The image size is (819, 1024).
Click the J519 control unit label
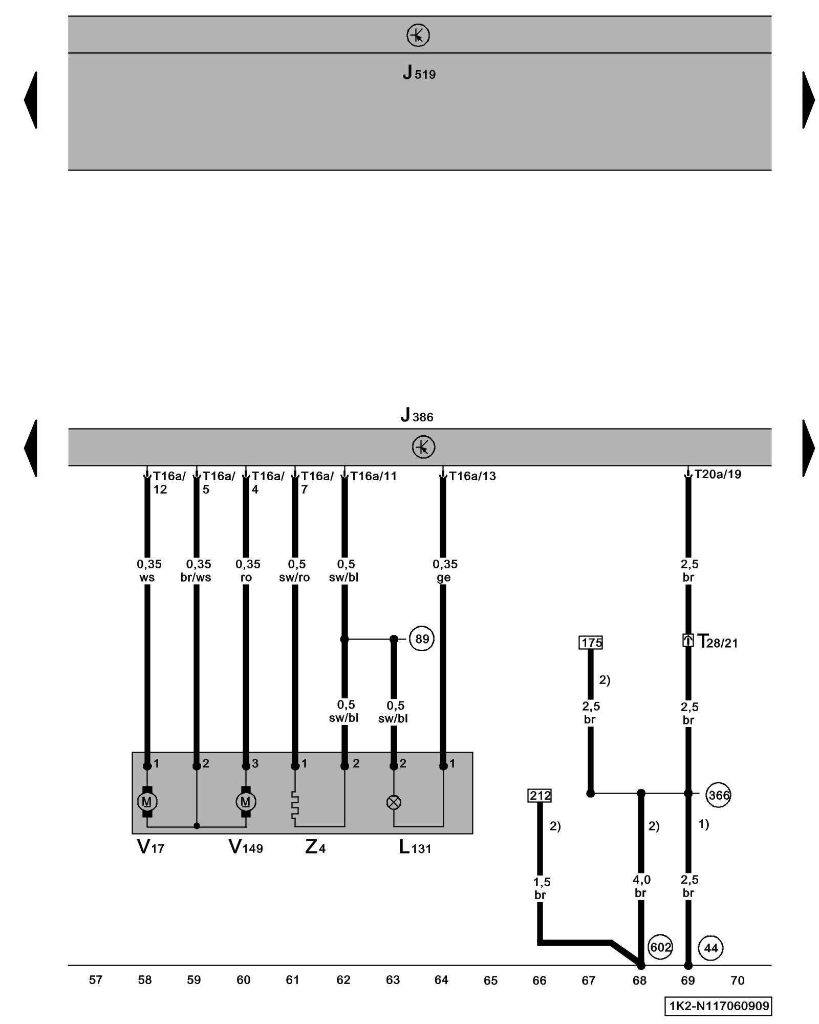(x=419, y=73)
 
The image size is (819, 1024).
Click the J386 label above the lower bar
(x=417, y=415)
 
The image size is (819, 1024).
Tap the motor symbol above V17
(x=147, y=801)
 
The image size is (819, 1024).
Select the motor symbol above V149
(x=246, y=801)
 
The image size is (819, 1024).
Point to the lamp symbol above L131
(x=394, y=802)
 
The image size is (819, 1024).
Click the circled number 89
(x=422, y=639)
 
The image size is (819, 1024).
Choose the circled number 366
(x=718, y=795)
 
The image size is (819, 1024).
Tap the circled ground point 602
(x=660, y=947)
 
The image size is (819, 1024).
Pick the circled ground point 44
(x=710, y=948)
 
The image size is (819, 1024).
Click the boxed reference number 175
(x=591, y=643)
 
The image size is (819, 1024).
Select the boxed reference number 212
(x=540, y=795)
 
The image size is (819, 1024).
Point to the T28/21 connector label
(x=717, y=642)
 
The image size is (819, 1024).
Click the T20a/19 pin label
(x=717, y=474)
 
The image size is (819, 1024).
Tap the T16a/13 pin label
(x=472, y=476)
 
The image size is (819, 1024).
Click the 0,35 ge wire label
(x=444, y=570)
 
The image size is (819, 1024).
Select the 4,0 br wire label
(x=641, y=886)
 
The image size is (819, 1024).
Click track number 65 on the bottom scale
(x=490, y=980)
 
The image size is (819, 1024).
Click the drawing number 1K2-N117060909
(x=719, y=1006)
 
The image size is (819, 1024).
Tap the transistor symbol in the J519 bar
(x=418, y=35)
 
